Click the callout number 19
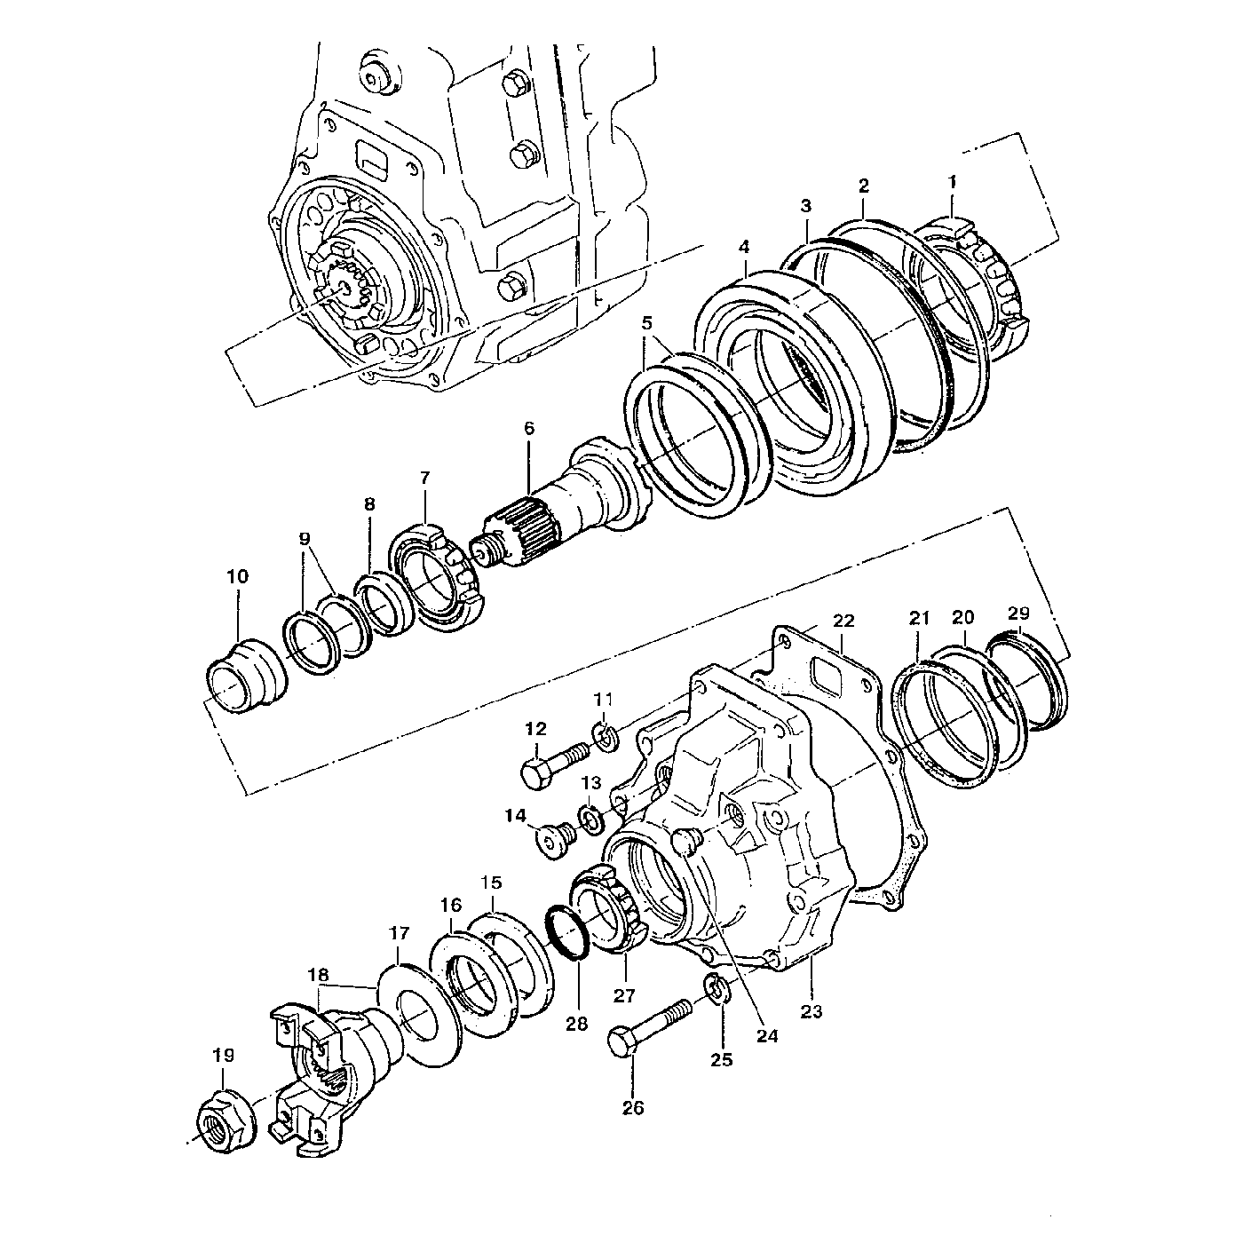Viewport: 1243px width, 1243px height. (223, 1056)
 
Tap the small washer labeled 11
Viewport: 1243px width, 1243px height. (605, 736)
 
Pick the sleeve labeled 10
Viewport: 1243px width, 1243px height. (245, 673)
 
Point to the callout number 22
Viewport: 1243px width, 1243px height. (843, 620)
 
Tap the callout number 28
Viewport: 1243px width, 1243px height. (576, 1024)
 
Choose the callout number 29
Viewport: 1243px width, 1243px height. (1018, 614)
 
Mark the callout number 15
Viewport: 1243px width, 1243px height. (491, 883)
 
